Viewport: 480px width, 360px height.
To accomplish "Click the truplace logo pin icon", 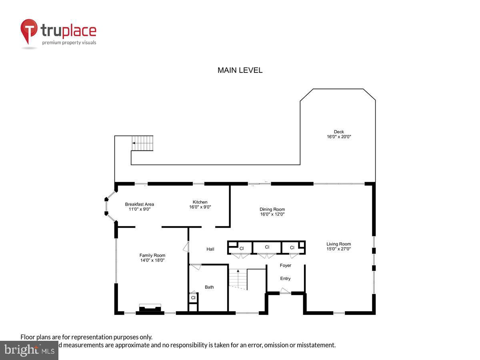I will coord(29,31).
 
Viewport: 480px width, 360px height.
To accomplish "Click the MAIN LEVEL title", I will coord(240,70).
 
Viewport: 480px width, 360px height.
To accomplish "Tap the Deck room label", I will coord(339,132).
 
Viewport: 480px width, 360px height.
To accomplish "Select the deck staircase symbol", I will coord(142,143).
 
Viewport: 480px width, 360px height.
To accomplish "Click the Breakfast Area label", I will coord(139,204).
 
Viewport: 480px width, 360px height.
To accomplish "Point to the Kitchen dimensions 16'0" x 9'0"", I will coord(200,207).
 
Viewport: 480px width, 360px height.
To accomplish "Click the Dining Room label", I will coord(272,209).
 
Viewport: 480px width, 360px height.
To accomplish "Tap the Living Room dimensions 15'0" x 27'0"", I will coord(338,249).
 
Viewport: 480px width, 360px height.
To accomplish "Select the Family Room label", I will coord(152,255).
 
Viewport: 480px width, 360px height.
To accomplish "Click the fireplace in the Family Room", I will coord(150,308).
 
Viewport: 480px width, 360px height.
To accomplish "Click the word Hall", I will coord(210,249).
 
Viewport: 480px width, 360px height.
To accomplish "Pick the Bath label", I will coord(209,287).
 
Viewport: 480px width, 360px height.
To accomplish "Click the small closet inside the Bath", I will coord(193,298).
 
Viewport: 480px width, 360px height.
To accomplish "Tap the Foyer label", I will coord(286,265).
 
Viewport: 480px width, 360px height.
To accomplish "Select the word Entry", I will coord(285,278).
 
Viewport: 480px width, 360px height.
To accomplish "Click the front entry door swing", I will coord(285,291).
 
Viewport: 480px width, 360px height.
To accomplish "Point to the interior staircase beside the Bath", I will coord(238,279).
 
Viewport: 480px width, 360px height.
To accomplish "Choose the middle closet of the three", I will coord(267,248).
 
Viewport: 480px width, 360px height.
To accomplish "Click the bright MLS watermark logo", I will coord(29,350).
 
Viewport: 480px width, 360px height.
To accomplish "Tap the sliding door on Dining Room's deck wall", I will coord(259,184).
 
